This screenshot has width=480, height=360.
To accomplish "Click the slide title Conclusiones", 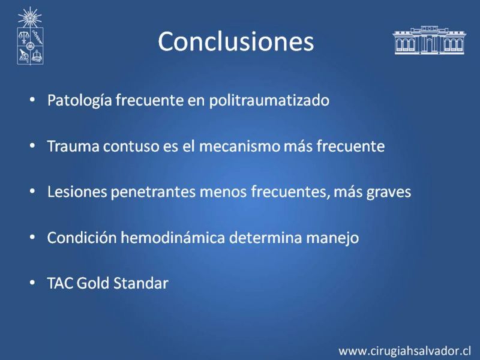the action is (x=236, y=41).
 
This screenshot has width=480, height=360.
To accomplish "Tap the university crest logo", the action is (x=30, y=36).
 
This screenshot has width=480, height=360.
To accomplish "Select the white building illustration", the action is (x=429, y=40).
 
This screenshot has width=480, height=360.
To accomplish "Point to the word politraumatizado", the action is (x=269, y=100).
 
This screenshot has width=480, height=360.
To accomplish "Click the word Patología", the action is (x=80, y=100).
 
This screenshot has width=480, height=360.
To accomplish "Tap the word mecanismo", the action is (x=239, y=146).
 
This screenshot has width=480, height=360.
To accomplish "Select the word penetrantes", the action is (x=153, y=192).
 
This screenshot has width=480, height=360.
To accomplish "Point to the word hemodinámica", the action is (x=173, y=237).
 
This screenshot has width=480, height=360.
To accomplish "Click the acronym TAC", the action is (x=60, y=283).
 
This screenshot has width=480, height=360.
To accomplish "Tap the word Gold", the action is (x=93, y=283).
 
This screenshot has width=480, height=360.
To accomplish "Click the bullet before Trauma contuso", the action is (x=32, y=146).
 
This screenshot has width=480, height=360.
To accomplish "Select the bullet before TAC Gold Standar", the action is (x=32, y=283).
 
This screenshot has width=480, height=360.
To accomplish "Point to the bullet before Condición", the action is (x=32, y=237).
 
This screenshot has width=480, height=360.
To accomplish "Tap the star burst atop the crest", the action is (x=29, y=17).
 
